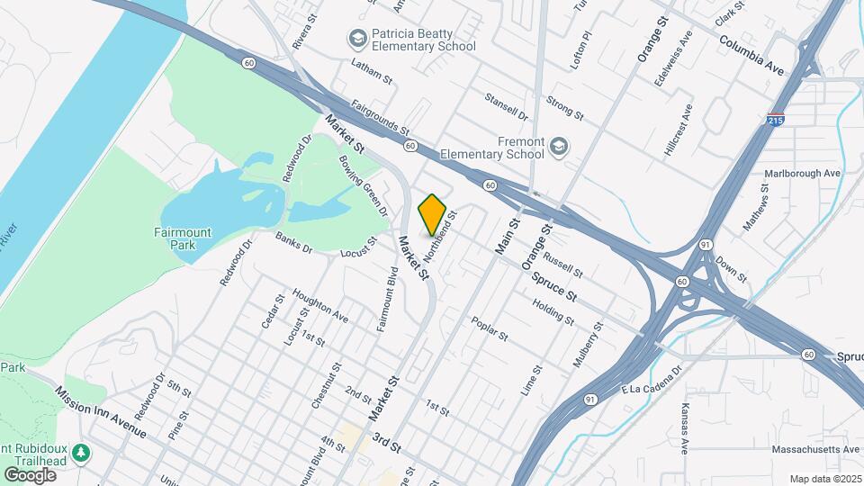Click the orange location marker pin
point(432,214)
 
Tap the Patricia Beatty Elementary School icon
point(357,39)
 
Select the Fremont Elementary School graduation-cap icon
point(560,146)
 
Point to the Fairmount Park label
point(182,238)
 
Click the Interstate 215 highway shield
point(776,118)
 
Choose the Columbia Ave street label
point(752,53)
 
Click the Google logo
point(30,474)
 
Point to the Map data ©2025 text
point(826,478)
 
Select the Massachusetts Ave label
point(815,448)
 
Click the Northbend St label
point(442,236)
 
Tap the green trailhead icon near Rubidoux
point(82,450)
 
